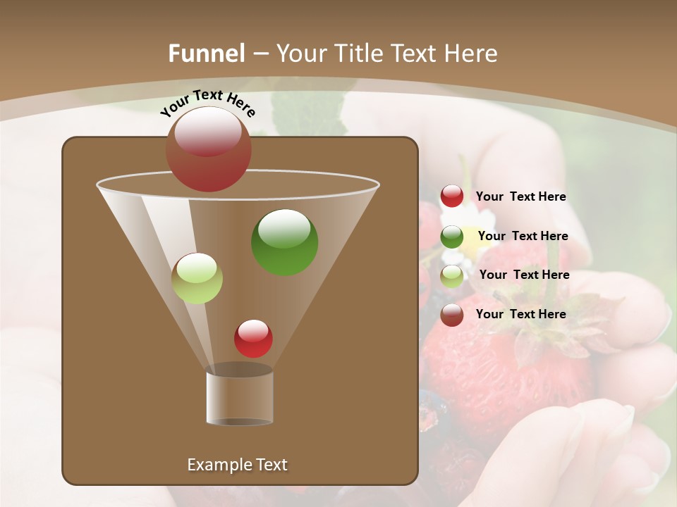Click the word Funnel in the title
(x=206, y=54)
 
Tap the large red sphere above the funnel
(x=208, y=149)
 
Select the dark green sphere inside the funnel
(x=284, y=242)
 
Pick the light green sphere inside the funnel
(x=197, y=278)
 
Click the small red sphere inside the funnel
(x=253, y=338)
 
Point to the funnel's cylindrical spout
(x=240, y=398)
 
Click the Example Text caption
(x=237, y=465)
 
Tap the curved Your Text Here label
(x=207, y=103)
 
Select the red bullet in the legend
(x=452, y=196)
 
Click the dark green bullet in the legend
(x=452, y=237)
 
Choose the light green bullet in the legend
(x=452, y=275)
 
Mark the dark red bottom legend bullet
(x=452, y=315)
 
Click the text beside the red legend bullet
(x=520, y=197)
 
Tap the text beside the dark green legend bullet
(x=523, y=236)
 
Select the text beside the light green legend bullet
(x=524, y=275)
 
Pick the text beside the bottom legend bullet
(x=520, y=314)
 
